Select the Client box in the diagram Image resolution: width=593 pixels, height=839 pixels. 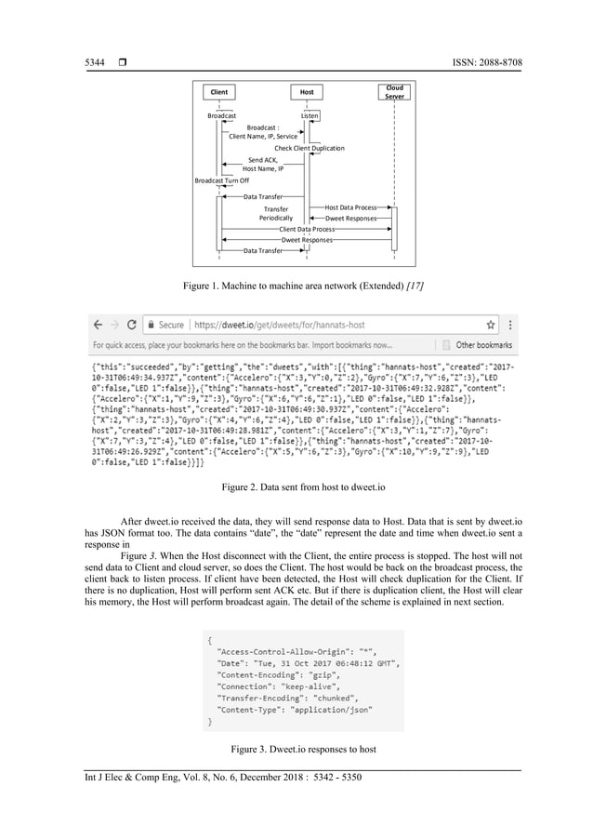[219, 92]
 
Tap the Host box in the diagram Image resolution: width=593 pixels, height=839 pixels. [307, 92]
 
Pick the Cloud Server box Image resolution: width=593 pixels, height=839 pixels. [394, 91]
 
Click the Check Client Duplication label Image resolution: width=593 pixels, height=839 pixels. [309, 148]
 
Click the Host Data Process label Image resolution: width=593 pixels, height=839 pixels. [349, 207]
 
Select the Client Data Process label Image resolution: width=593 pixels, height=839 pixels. [307, 228]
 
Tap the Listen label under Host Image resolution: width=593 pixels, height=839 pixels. [310, 115]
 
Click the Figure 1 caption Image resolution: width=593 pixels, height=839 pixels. [296, 283]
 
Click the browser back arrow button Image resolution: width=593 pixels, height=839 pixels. [98, 325]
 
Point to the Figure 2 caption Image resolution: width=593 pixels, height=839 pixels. [296, 486]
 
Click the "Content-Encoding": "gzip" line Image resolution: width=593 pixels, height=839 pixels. [270, 677]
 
